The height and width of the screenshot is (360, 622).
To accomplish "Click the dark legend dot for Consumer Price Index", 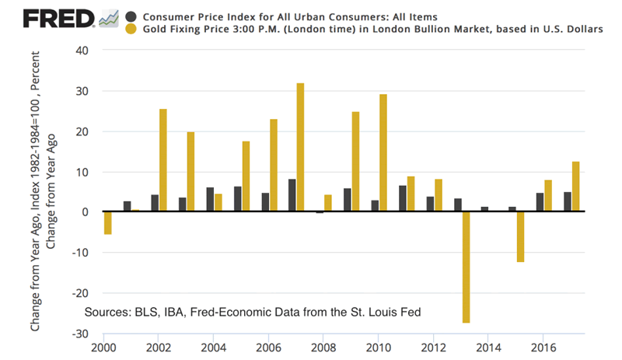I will (131, 16).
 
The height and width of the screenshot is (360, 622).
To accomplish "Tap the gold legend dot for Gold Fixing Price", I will (131, 30).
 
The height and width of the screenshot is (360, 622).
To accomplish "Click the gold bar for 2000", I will (107, 223).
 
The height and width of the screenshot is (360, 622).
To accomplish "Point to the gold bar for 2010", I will (383, 153).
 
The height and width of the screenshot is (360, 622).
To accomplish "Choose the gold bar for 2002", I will (162, 160).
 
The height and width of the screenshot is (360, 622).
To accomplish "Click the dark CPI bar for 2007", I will (292, 195).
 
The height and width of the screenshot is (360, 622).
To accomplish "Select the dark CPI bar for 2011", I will (402, 198).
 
